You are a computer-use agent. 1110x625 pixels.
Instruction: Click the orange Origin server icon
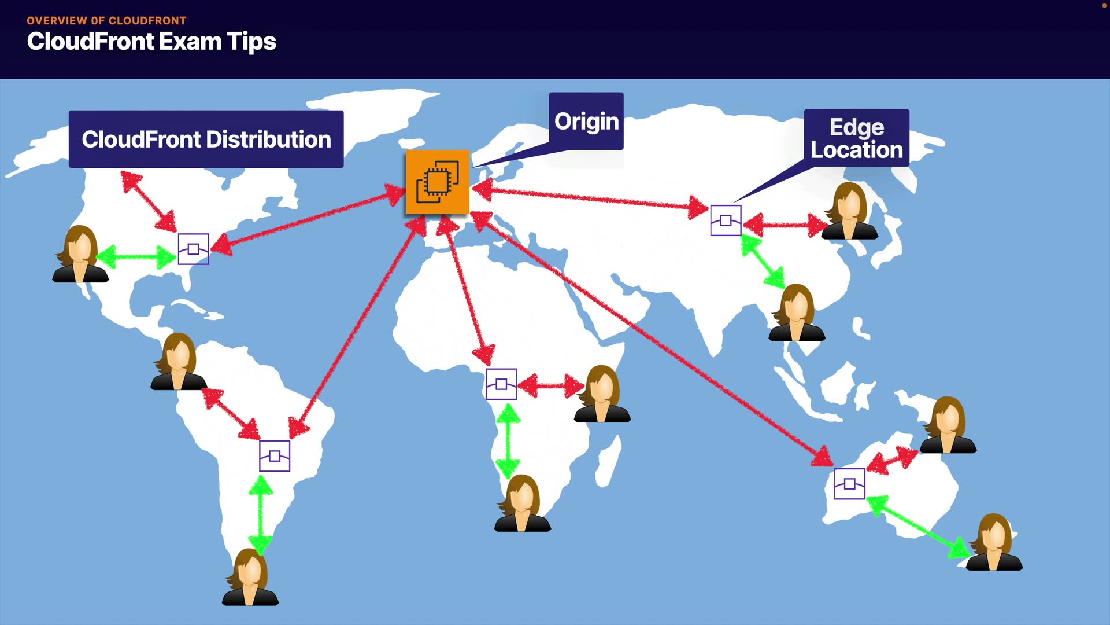(437, 182)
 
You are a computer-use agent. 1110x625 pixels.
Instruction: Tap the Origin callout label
(586, 121)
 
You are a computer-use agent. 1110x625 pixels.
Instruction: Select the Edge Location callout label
(856, 138)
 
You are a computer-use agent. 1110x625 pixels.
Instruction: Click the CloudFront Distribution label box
(206, 139)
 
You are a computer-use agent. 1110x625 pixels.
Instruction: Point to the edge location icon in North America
(193, 249)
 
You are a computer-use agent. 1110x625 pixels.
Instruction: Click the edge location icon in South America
(275, 456)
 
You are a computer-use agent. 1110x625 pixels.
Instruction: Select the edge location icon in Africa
(501, 384)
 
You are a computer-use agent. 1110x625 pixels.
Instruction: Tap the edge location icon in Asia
(726, 220)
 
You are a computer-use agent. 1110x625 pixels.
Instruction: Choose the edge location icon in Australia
(849, 484)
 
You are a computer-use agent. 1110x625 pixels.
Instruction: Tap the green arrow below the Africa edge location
(508, 440)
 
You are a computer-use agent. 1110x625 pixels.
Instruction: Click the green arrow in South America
(261, 514)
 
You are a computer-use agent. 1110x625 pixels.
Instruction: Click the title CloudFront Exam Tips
(151, 42)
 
